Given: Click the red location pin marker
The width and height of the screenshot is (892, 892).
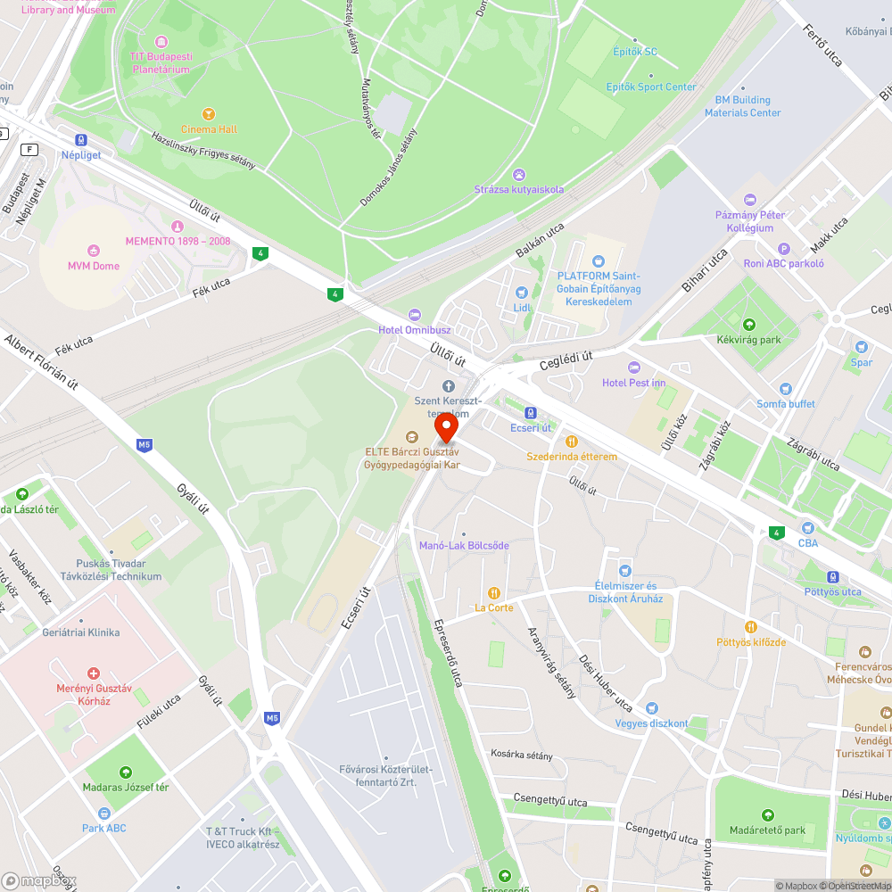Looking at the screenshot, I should pos(446,427).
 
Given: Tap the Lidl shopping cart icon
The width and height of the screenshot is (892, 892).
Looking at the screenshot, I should pos(522,293).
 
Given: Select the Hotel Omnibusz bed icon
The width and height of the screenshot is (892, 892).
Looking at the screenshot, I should pos(413,315).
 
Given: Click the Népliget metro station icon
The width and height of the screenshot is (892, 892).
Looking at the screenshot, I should pos(81,140).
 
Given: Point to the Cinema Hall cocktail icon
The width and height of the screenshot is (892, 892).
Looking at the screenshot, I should pos(209,114).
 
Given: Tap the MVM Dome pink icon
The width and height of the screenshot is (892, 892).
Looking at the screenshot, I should pos(93,251).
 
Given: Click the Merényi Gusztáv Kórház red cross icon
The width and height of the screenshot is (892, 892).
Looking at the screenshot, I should pos(93,673).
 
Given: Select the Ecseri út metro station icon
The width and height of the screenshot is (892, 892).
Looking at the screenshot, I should pos(531,413).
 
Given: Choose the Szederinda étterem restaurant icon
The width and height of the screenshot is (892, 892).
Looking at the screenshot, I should pos(571,442).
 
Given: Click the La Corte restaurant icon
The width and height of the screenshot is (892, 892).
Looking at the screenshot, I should pos(493,593).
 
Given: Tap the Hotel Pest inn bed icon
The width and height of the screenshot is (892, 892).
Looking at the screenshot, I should pos(634,368).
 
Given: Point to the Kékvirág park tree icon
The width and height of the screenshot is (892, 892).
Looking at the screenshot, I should pos(748,325).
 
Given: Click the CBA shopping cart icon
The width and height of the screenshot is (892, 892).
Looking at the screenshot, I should pos(807,528).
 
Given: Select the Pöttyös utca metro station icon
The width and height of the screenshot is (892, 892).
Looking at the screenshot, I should pos(832,577).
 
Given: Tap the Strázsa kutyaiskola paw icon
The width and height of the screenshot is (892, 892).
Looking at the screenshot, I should pos(518,174).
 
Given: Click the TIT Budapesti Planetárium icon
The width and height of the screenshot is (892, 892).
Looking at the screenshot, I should pos(161,42).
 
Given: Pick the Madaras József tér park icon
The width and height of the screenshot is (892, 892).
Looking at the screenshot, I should pos(125,772).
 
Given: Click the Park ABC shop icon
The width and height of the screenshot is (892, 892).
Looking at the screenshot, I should pos(104,813).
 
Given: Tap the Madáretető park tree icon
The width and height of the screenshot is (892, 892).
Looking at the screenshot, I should pos(767,815).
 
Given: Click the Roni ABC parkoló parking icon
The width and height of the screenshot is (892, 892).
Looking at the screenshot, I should pos(784,249).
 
